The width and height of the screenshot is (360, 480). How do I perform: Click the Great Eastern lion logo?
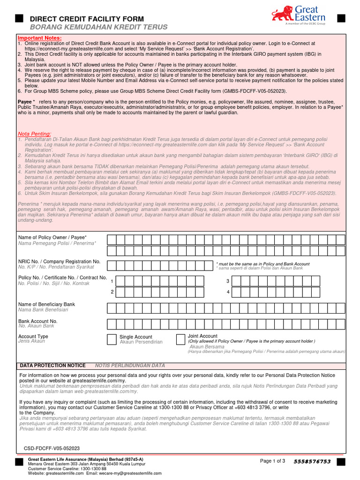pos(283,14)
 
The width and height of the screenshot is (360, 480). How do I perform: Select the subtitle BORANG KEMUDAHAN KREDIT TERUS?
pos(91,27)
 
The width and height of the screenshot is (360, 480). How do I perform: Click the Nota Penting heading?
pos(35,134)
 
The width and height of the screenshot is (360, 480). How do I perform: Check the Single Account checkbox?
pos(112,339)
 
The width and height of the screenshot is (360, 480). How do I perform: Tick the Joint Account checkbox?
pos(180,339)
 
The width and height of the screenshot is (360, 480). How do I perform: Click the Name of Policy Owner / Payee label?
pos(52,238)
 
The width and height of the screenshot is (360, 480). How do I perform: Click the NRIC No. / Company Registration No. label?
pos(59,261)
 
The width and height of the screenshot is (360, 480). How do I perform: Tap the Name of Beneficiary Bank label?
pos(46,305)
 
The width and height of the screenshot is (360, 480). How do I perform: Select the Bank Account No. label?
pos(37,321)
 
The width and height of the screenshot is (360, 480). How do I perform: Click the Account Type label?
pos(33,337)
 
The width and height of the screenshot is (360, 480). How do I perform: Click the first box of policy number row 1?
pos(121,281)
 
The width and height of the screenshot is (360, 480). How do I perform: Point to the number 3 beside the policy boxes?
pos(228,281)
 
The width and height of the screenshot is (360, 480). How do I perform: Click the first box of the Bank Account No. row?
pos(112,324)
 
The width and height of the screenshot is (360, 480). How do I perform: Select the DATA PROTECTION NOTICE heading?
pos(52,366)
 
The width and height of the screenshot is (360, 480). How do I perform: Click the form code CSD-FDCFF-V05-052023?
pos(52,448)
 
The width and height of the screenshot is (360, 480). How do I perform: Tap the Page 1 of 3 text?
pos(272,461)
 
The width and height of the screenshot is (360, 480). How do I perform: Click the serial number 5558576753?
pos(312,462)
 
